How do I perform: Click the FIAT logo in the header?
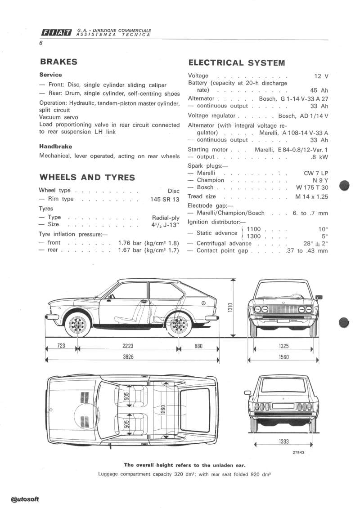57,31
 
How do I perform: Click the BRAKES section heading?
58,62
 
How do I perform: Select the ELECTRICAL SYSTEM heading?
236,63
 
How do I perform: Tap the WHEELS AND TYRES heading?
87,177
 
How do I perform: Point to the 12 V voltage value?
321,76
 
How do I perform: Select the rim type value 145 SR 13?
165,199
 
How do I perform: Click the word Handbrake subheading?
56,147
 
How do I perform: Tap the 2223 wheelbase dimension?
128,346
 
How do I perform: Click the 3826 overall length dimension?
128,356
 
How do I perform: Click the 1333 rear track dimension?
283,441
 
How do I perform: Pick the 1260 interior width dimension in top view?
163,410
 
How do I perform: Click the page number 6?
40,44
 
